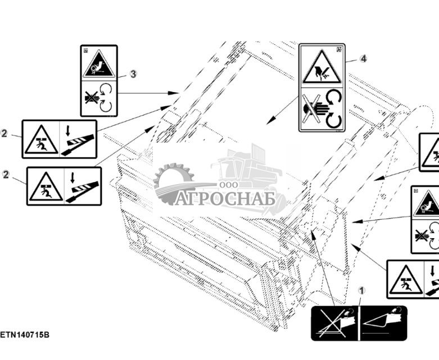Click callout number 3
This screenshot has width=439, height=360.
[133, 74]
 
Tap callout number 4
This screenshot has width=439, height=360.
[363, 58]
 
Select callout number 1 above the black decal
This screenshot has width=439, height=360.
[361, 290]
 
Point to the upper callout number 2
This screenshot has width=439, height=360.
[4, 133]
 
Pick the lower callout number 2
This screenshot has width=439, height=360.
[6, 175]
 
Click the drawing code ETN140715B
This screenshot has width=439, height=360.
[25, 335]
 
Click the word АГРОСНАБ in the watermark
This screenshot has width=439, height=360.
[224, 199]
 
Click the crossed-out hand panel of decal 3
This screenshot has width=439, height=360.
[98, 97]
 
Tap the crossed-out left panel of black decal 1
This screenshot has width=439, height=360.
[336, 323]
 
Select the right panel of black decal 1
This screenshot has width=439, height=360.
[383, 323]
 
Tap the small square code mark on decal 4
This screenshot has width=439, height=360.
[339, 49]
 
